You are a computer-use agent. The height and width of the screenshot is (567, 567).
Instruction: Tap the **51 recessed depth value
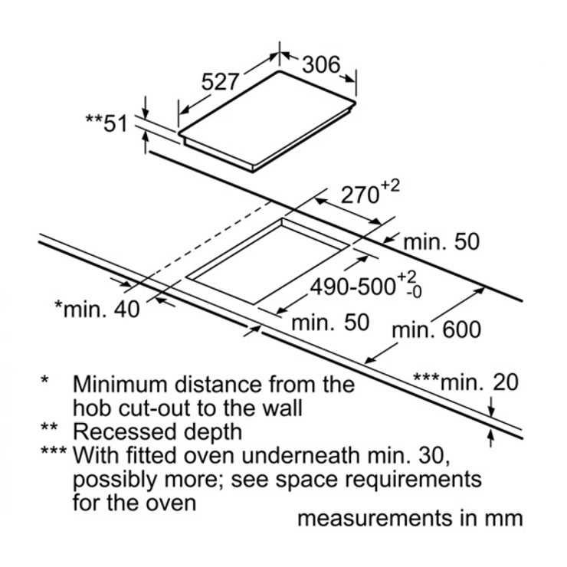pyautogui.click(x=106, y=123)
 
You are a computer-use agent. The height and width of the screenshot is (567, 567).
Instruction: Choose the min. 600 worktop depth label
pyautogui.click(x=436, y=329)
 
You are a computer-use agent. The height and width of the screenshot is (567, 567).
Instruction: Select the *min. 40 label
pyautogui.click(x=97, y=309)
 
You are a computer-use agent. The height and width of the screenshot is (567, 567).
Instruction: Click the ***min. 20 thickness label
pyautogui.click(x=464, y=381)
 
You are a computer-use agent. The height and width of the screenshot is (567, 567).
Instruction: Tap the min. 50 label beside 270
pyautogui.click(x=440, y=242)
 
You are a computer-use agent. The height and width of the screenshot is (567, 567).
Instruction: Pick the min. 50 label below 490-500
pyautogui.click(x=330, y=322)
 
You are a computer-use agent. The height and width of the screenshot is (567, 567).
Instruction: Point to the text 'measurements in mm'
pyautogui.click(x=410, y=518)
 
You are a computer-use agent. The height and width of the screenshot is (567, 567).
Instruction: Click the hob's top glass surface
pyautogui.click(x=268, y=123)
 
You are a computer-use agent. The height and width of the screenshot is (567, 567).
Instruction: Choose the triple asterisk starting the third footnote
pyautogui.click(x=54, y=452)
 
